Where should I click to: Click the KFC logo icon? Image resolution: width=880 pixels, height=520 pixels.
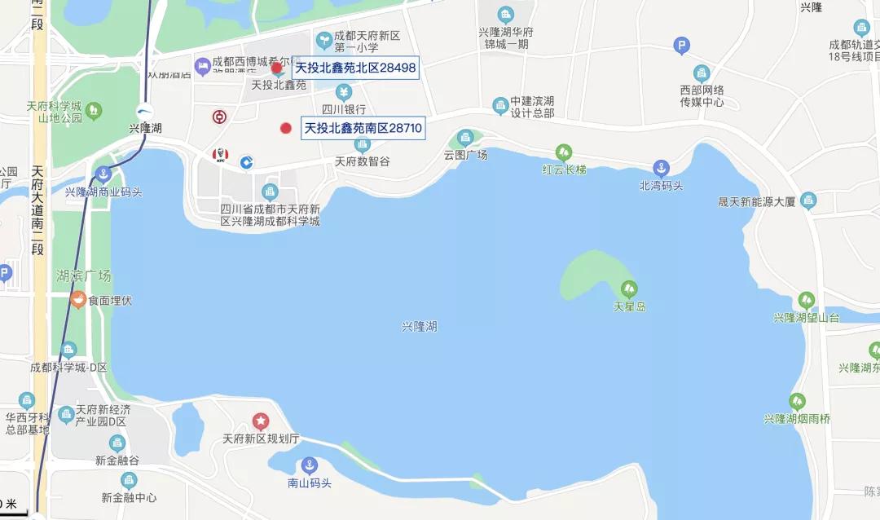click(x=219, y=155)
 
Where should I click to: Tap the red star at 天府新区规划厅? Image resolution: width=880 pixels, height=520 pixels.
click(x=260, y=421)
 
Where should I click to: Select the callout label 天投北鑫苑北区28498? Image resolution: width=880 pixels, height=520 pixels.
click(x=355, y=68)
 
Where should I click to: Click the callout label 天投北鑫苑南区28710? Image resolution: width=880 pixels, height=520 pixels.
click(x=363, y=128)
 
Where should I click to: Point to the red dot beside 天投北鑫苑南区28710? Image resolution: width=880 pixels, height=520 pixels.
click(x=285, y=128)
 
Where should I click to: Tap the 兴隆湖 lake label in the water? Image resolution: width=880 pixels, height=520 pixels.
click(x=420, y=326)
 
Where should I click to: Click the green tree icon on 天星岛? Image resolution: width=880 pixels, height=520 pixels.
click(x=628, y=289)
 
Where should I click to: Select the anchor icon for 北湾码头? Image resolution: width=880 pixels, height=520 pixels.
click(x=661, y=168)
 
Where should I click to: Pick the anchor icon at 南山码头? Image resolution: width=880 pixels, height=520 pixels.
click(x=309, y=465)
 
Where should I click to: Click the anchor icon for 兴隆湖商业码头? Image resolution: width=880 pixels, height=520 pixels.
click(x=103, y=173)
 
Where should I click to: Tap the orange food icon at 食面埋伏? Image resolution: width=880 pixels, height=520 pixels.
click(x=77, y=299)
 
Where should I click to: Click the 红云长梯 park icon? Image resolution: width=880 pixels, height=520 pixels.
click(x=563, y=152)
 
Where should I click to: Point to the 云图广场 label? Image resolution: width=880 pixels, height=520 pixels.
click(x=465, y=155)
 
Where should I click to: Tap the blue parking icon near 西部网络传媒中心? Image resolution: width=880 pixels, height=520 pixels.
click(x=682, y=46)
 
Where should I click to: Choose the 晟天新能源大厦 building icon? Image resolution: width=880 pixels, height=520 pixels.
click(x=808, y=201)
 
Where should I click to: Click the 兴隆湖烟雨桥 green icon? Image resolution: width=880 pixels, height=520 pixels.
click(x=797, y=401)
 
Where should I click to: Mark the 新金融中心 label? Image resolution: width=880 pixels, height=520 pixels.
click(x=129, y=497)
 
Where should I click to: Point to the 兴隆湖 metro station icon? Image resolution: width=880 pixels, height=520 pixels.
click(x=144, y=113)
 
